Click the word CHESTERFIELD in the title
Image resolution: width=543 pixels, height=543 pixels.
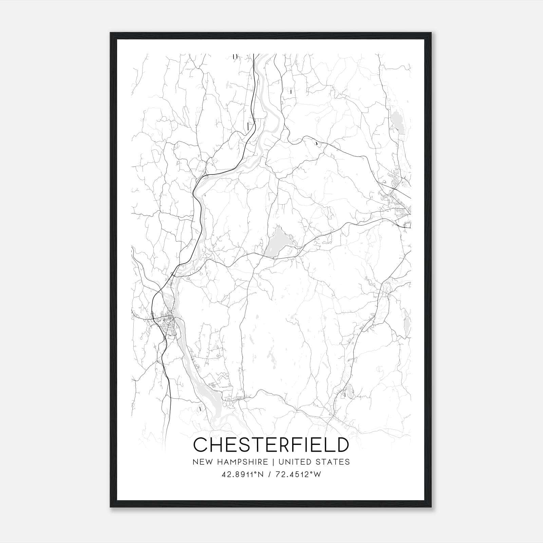(x=271, y=445)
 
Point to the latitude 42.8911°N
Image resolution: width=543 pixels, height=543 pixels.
(x=242, y=474)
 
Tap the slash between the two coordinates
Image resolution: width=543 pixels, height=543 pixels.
(x=270, y=474)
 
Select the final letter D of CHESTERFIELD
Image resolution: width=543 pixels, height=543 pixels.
(x=342, y=445)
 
